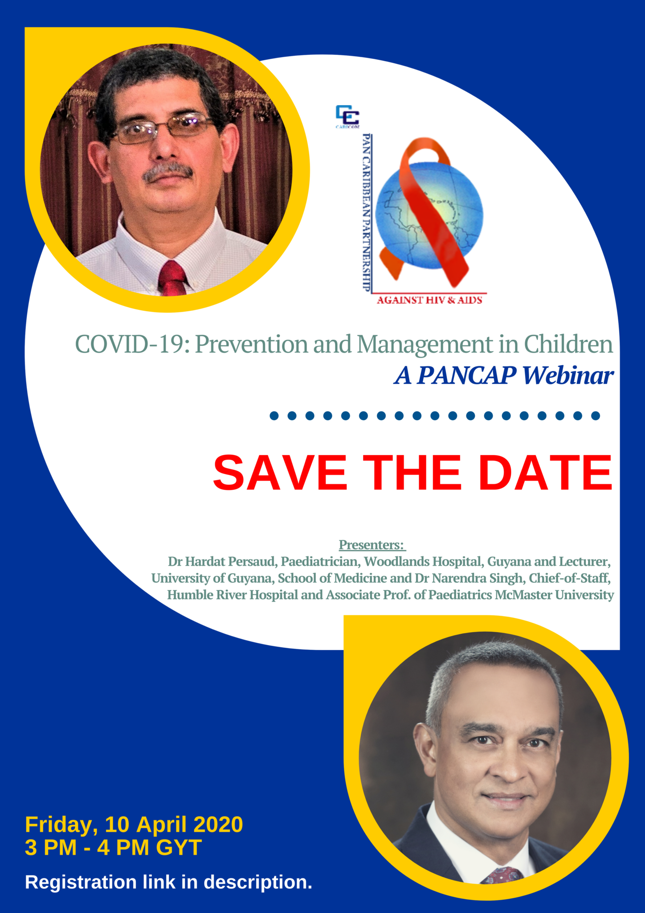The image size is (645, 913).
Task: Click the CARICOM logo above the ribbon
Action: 347,116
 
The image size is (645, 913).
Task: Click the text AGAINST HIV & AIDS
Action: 429,300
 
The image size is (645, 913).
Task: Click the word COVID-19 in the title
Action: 130,345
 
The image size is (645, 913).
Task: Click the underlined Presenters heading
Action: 371,545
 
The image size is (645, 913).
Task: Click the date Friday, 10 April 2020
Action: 134,824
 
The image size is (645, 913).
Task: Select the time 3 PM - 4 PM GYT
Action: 113,847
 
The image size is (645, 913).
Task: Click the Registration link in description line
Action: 168,882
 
